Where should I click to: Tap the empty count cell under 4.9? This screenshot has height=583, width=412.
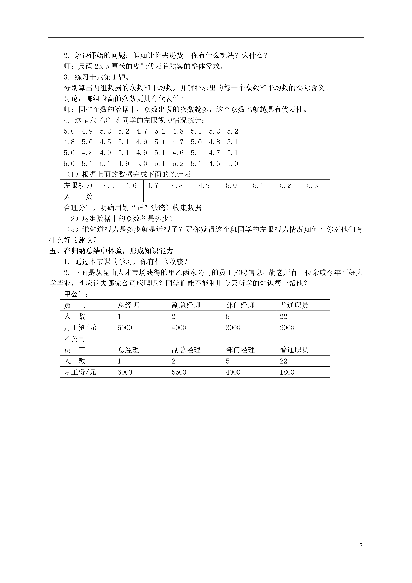point(208,197)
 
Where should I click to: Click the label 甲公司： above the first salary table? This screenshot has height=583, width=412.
point(76,294)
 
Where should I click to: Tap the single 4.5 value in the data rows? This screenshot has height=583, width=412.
point(105,142)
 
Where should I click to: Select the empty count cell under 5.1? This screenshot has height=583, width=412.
point(263,197)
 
